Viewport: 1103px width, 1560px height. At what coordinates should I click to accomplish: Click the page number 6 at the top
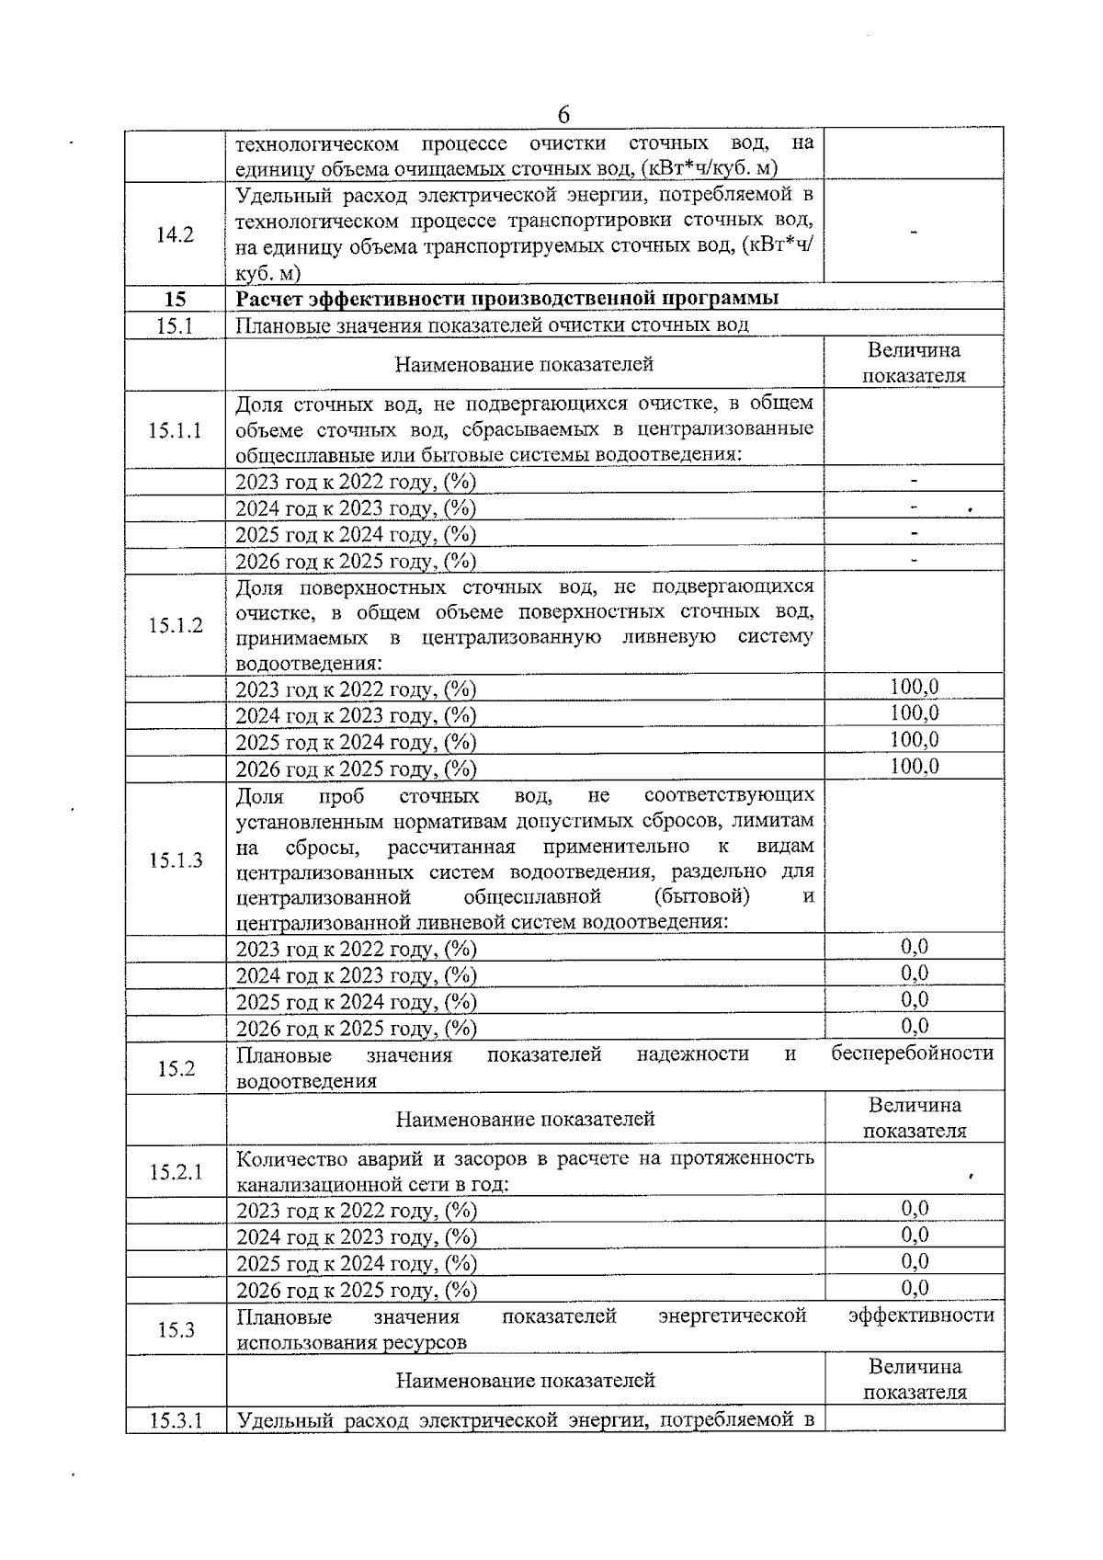563,115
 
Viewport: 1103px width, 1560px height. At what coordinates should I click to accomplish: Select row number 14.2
175,234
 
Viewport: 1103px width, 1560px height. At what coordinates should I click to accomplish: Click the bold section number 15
175,299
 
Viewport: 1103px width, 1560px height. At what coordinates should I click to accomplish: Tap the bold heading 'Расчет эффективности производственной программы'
507,299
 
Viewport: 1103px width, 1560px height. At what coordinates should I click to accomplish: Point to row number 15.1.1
175,430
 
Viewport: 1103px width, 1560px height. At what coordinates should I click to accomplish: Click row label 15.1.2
176,626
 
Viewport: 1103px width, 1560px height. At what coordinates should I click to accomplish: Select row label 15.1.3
176,860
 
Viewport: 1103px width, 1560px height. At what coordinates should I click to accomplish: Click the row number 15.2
176,1068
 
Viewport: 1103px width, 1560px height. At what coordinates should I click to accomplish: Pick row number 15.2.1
176,1172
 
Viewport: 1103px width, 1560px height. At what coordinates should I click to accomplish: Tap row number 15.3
176,1329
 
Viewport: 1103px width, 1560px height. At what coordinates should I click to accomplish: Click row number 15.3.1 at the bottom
176,1421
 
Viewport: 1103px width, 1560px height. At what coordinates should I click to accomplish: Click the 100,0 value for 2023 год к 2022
914,687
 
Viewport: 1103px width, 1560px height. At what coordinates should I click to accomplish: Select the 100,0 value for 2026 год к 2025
914,767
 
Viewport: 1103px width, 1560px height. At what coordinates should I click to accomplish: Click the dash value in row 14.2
914,234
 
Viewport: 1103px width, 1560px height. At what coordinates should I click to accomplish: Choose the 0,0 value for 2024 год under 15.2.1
914,1235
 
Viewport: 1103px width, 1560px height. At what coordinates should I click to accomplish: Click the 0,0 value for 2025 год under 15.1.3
914,999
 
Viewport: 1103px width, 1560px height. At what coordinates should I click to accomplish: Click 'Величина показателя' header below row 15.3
915,1379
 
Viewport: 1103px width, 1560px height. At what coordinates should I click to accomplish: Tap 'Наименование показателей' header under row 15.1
524,365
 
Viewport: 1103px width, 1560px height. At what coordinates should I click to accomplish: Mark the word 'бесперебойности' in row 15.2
912,1053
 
